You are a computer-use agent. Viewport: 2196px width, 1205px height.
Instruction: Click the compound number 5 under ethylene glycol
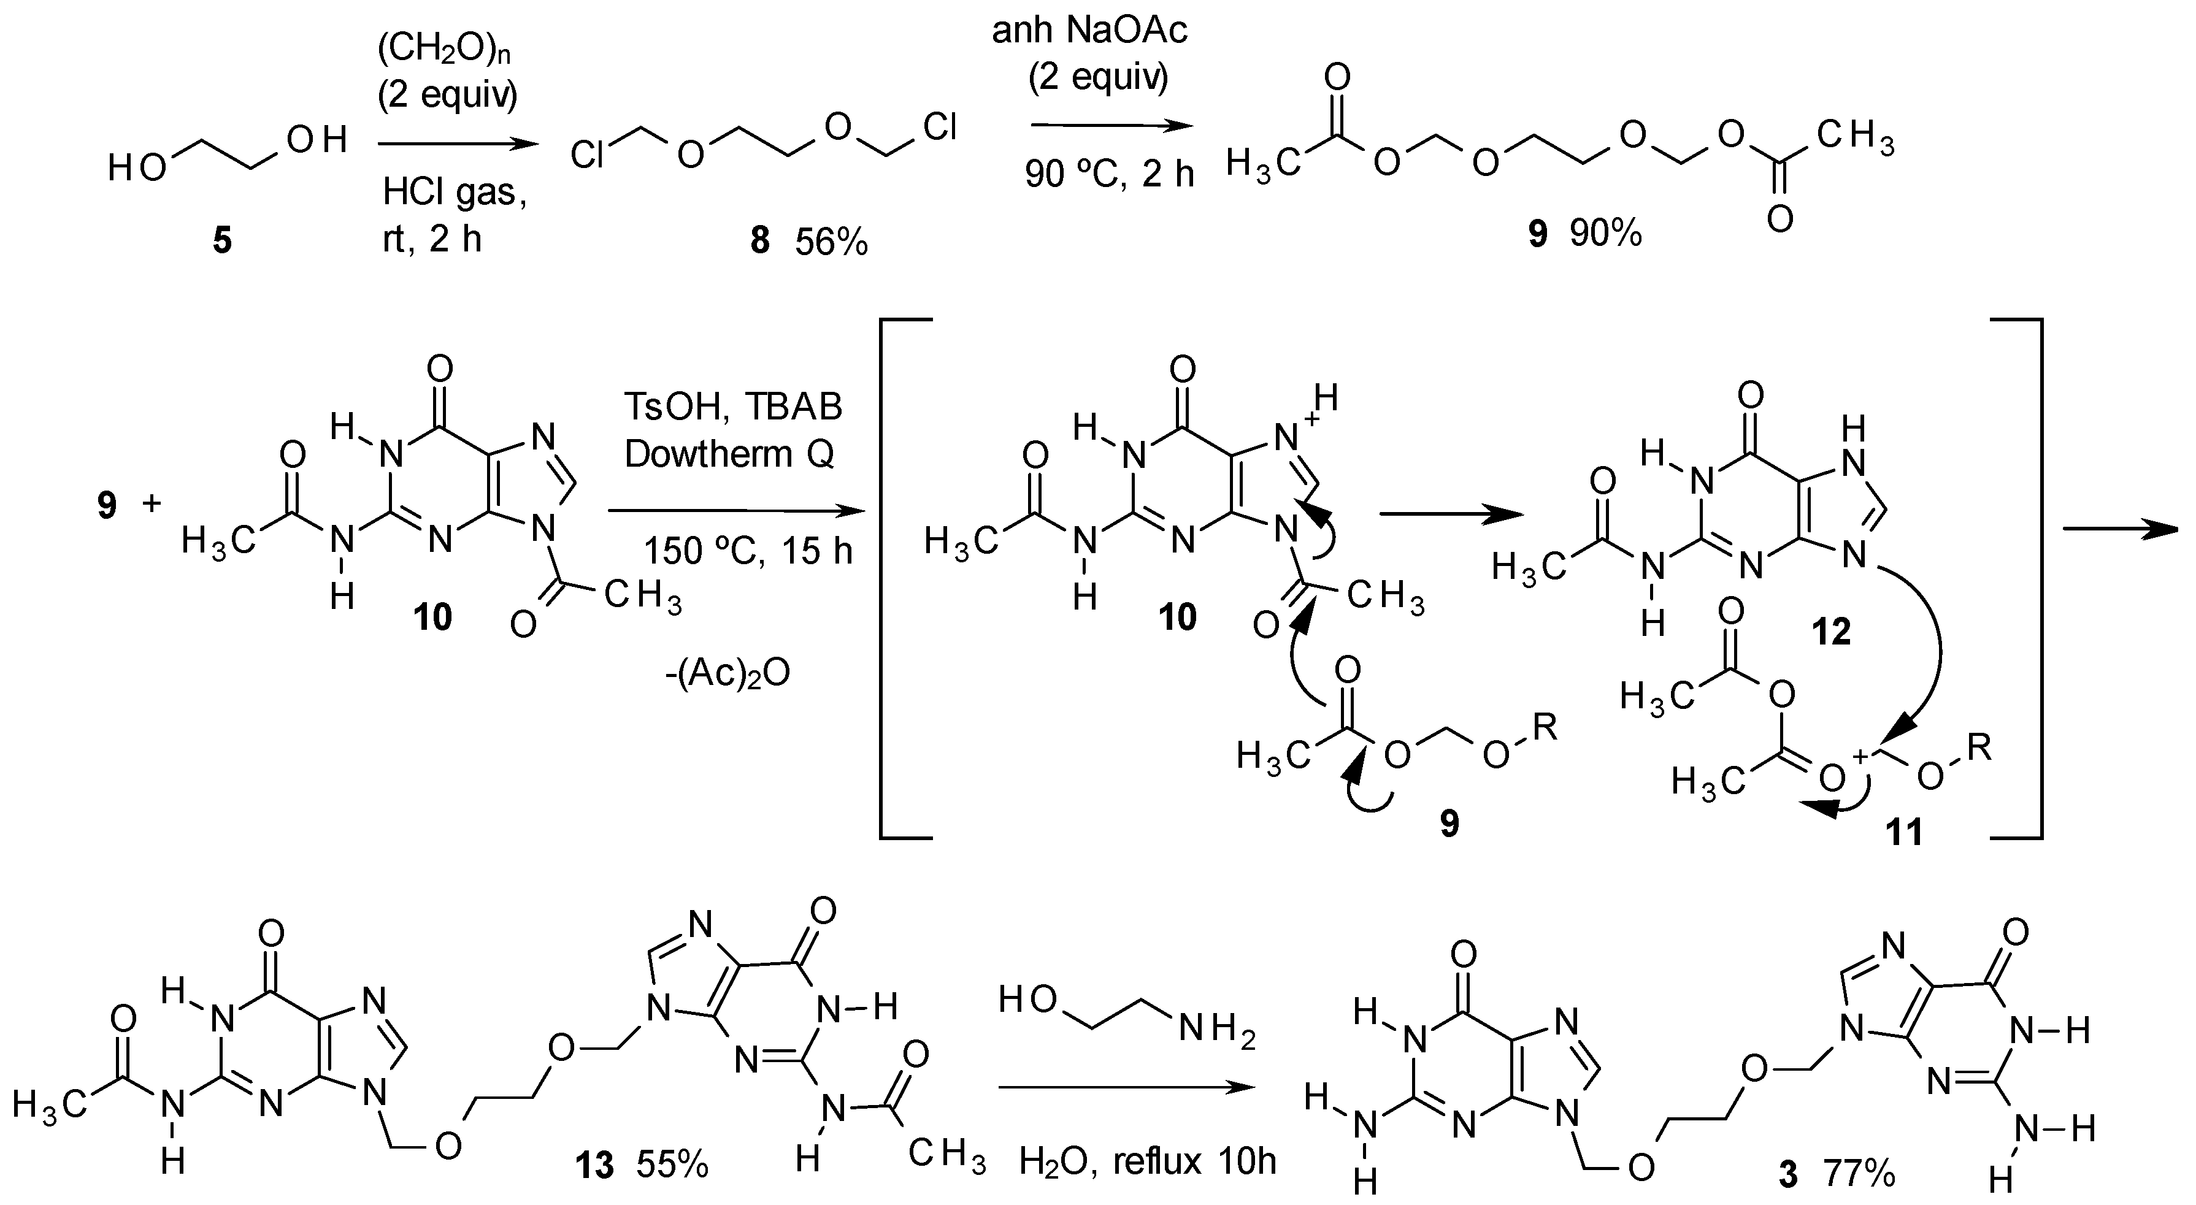coord(221,241)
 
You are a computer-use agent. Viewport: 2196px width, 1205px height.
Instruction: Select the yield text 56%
coord(831,243)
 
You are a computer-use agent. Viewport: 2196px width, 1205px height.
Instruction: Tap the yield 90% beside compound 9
coord(1606,232)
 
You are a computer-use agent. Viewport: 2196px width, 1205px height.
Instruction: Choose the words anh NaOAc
coord(1089,31)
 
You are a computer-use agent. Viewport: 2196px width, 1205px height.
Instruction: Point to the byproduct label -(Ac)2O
coord(727,673)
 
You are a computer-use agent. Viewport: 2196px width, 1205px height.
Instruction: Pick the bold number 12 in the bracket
coord(1831,632)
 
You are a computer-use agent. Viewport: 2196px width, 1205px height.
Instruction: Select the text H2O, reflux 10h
coord(1148,1161)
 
